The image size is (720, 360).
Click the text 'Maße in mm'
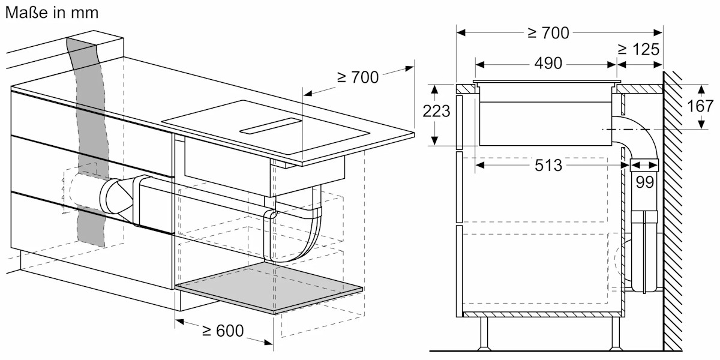[52, 12]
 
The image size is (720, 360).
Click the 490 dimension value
[546, 64]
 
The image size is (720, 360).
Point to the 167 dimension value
[699, 106]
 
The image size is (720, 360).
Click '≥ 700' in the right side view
[548, 32]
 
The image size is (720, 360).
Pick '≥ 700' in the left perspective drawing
[358, 77]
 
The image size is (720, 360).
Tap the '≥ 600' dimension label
[223, 330]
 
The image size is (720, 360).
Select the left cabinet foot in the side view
[484, 333]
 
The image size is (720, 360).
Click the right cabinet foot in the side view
[616, 333]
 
